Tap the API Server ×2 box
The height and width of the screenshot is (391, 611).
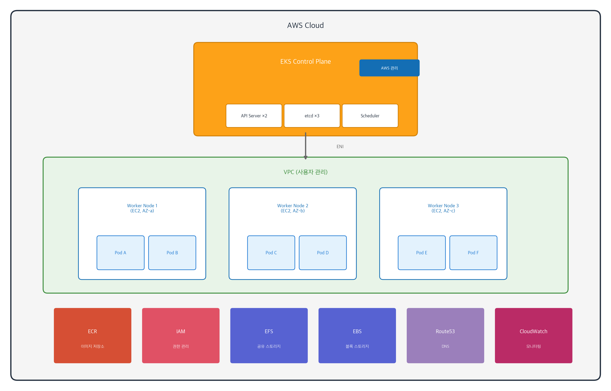tap(254, 116)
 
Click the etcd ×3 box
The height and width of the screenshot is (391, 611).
tap(312, 116)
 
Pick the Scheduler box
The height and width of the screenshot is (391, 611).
tap(370, 116)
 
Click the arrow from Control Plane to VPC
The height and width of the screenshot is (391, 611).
tap(306, 146)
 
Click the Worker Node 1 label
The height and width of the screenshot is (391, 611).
tap(142, 208)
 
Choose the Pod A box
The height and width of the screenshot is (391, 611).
tap(120, 253)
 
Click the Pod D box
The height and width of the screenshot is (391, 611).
tap(323, 253)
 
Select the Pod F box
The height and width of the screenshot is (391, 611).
tap(473, 253)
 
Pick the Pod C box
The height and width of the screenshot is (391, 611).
tap(271, 253)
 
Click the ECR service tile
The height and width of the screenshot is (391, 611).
tap(92, 335)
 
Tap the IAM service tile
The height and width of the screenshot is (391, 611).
tap(181, 335)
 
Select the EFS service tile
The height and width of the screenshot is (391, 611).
tap(269, 335)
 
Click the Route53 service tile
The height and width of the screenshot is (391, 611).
tap(445, 335)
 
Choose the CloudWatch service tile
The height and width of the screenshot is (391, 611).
tap(533, 335)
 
